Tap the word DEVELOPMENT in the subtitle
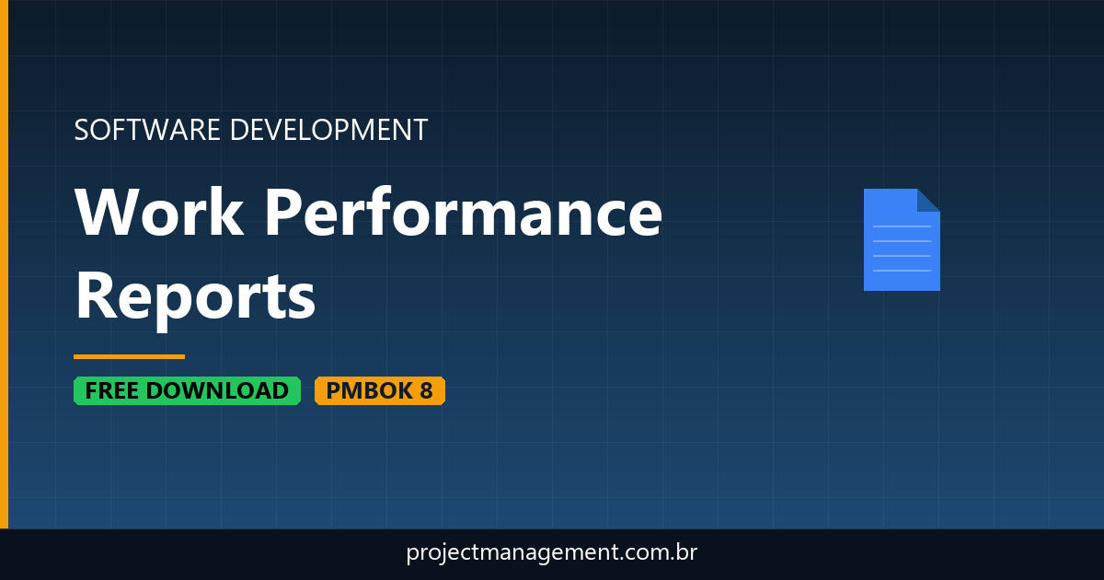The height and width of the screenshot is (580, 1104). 328,130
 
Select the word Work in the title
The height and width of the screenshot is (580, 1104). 159,213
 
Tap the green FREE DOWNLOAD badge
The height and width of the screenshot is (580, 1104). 187,390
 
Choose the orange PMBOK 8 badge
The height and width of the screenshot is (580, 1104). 379,390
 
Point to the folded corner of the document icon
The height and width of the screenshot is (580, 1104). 928,200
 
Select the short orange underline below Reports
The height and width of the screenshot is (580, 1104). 129,356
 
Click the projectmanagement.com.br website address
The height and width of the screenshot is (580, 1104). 552,553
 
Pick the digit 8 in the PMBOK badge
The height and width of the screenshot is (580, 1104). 426,390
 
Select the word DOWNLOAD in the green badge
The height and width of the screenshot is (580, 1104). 217,390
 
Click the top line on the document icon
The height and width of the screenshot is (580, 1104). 902,226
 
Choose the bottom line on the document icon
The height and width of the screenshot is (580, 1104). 902,271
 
